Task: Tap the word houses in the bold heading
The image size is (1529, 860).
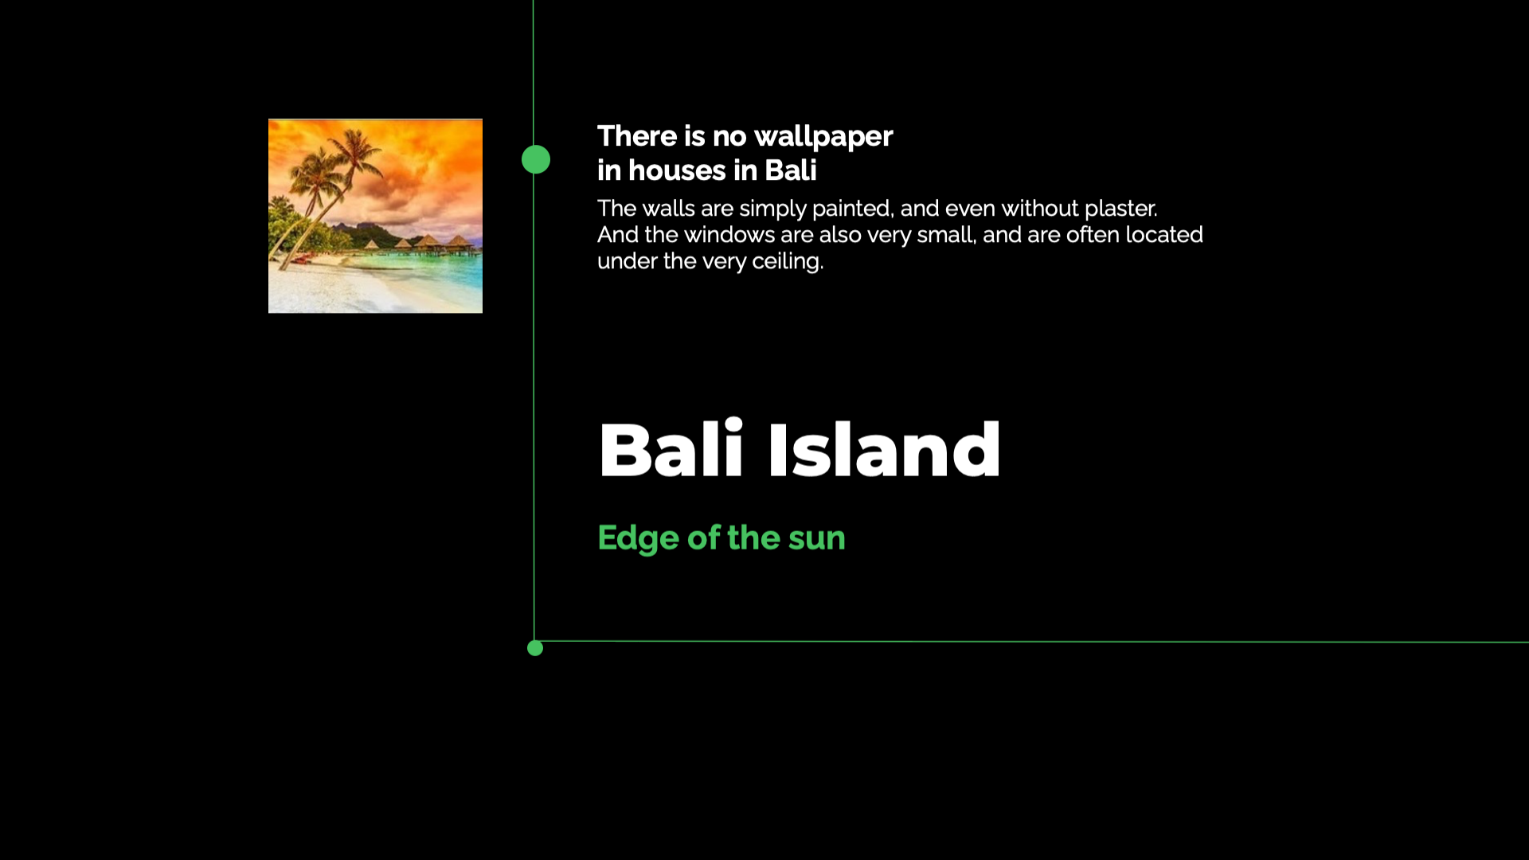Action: pos(677,170)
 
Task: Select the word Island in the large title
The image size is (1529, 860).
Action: pos(884,450)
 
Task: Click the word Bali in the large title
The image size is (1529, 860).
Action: pos(671,450)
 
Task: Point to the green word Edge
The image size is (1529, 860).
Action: pos(638,539)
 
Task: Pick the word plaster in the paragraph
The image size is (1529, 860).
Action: pos(1120,209)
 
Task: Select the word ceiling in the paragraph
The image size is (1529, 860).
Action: pos(788,262)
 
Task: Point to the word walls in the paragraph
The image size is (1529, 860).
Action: pos(668,209)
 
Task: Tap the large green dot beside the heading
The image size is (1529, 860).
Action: pos(536,159)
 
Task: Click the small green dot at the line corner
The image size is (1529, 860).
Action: pos(535,648)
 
